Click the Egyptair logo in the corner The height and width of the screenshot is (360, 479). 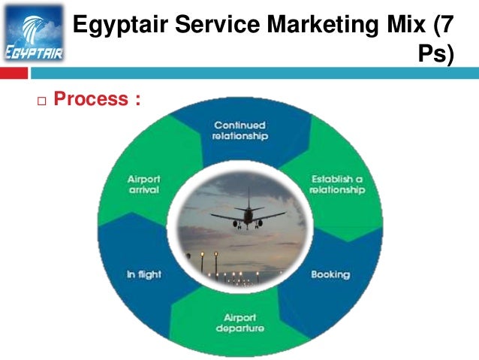point(33,33)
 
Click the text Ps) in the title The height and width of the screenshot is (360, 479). point(436,55)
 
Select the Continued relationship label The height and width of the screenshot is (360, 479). point(239,131)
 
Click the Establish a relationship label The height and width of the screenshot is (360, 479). point(338,185)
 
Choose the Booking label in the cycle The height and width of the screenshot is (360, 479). point(330,274)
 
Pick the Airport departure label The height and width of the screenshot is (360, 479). point(239,323)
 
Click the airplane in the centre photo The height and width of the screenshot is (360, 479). point(247,216)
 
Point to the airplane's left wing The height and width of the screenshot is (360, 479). point(226,217)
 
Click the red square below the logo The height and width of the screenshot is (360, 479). point(14,73)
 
